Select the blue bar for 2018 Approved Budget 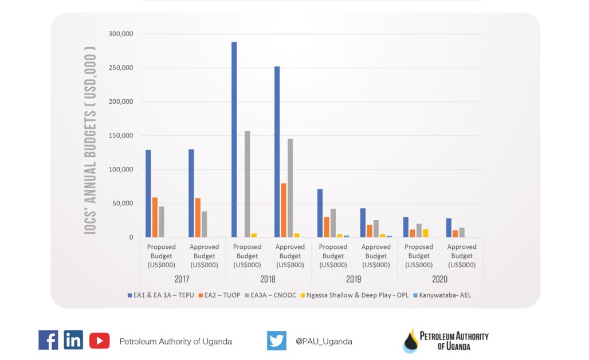277,152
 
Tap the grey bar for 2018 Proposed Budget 248,184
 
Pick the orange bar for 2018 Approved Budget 284,210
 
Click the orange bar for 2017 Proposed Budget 155,217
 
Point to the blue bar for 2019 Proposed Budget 320,213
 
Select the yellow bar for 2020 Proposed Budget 426,233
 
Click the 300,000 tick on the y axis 121,34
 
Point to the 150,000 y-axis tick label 121,136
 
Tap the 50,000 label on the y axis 123,204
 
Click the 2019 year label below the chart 354,279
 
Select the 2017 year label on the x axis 182,279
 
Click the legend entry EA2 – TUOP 220,295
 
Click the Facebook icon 48,341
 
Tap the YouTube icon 99,341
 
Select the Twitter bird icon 277,341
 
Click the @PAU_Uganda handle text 324,341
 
